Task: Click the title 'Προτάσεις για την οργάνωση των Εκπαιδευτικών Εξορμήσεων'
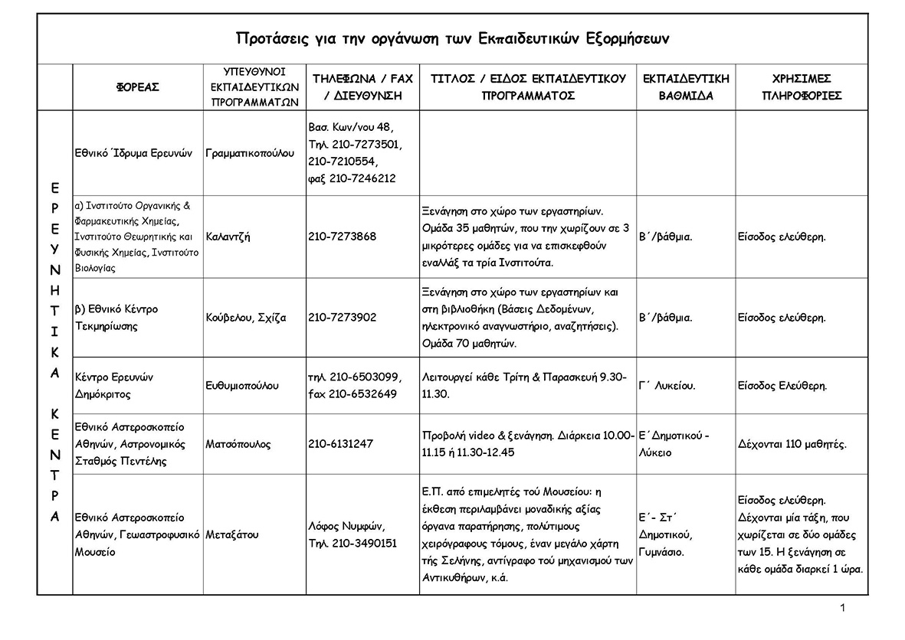tap(453, 39)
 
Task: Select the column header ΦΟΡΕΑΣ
tap(138, 88)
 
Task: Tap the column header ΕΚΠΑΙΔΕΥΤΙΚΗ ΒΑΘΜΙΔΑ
tap(686, 87)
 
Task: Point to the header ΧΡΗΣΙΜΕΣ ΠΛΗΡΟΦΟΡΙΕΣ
tap(802, 87)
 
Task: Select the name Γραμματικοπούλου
tap(250, 153)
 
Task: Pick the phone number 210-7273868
tap(343, 237)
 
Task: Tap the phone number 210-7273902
tap(343, 318)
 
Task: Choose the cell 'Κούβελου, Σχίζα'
tap(245, 318)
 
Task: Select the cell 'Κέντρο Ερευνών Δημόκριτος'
tap(115, 385)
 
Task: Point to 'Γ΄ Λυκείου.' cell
tap(667, 385)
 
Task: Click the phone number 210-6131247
tap(341, 444)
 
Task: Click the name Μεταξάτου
tap(232, 535)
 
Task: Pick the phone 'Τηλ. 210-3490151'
tap(352, 544)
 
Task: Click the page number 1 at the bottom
tap(843, 608)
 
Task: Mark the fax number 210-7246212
tap(362, 178)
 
